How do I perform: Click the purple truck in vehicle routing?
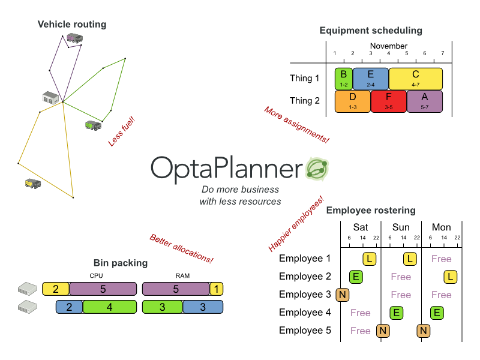click(x=75, y=38)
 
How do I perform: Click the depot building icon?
click(x=50, y=97)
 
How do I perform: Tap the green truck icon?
click(x=93, y=125)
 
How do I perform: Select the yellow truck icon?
click(x=32, y=182)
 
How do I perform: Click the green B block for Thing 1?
click(x=344, y=79)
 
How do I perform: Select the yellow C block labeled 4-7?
click(x=416, y=79)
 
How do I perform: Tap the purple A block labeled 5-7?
click(x=425, y=101)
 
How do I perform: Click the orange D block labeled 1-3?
click(x=353, y=101)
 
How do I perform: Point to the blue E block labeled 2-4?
click(x=371, y=79)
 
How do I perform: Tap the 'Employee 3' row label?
click(x=305, y=295)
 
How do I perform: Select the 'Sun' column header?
click(x=401, y=227)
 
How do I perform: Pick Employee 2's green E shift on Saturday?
click(x=356, y=277)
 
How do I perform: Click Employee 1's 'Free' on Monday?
click(x=441, y=259)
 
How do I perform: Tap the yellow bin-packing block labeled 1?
click(x=216, y=289)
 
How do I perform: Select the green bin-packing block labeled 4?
click(x=109, y=307)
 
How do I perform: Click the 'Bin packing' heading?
click(x=121, y=263)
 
